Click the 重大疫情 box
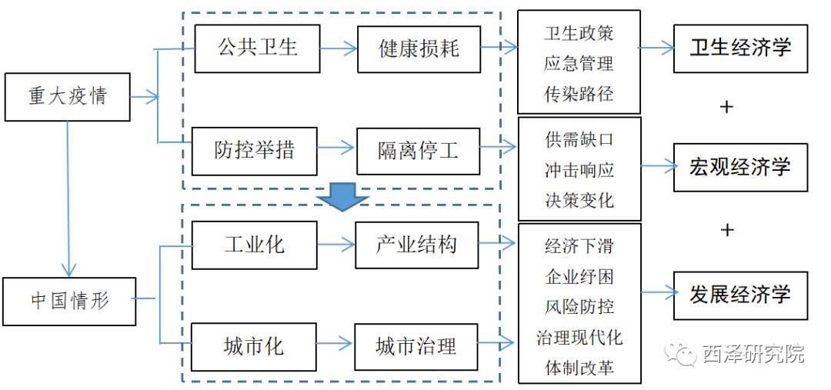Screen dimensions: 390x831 [67, 97]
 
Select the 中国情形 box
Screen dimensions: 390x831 [69, 300]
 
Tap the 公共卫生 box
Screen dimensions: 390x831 [257, 48]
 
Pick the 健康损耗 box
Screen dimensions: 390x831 [419, 48]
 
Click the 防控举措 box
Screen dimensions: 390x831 [254, 149]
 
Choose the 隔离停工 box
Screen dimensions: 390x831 [418, 150]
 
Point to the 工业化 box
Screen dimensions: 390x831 [254, 245]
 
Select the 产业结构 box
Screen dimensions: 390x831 [416, 245]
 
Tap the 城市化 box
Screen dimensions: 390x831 [254, 346]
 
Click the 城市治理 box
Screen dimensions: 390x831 [416, 346]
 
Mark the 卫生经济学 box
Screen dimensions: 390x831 [740, 48]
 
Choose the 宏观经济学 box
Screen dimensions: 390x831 [740, 167]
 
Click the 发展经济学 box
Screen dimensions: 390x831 [740, 295]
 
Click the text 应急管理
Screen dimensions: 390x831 [579, 64]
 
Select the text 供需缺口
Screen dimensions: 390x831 [579, 140]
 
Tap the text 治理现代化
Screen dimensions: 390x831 [579, 337]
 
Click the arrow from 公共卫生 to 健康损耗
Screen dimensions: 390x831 [339, 48]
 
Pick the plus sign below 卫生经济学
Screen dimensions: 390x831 [726, 107]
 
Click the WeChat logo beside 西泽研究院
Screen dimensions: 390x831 [682, 353]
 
